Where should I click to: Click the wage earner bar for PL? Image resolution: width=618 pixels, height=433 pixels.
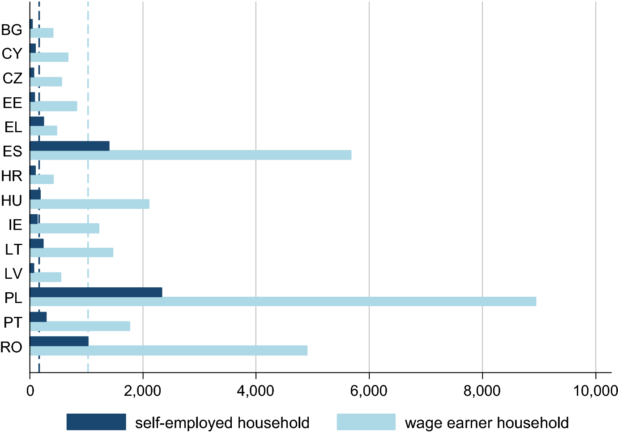click(x=283, y=301)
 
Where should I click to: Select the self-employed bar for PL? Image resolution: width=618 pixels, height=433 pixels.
click(x=96, y=292)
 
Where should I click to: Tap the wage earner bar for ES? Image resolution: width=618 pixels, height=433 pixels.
click(x=191, y=155)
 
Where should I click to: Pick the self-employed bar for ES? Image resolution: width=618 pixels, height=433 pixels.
click(x=70, y=146)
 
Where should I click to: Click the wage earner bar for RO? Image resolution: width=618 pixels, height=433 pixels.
click(x=169, y=351)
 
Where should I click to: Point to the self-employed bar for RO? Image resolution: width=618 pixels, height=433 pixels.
click(x=59, y=341)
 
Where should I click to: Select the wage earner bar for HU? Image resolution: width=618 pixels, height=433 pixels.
click(x=90, y=204)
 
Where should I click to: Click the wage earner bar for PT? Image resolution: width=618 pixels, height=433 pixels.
click(x=80, y=326)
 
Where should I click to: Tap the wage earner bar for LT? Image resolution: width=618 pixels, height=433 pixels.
click(x=72, y=252)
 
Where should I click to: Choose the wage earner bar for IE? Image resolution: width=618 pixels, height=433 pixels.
click(x=64, y=228)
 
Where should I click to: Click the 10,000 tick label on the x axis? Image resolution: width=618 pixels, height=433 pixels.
click(x=595, y=390)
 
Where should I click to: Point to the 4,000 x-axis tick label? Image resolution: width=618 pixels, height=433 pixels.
click(x=256, y=390)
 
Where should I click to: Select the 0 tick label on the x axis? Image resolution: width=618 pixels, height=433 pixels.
click(x=30, y=390)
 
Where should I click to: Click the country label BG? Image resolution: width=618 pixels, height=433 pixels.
click(x=12, y=30)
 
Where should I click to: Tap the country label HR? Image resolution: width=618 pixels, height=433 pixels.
click(x=12, y=176)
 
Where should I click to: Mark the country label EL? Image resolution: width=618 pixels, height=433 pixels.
click(x=13, y=127)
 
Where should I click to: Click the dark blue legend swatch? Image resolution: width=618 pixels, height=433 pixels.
click(x=96, y=422)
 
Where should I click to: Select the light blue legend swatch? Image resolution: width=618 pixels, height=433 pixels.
click(x=366, y=422)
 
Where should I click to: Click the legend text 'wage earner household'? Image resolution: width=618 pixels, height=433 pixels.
click(x=486, y=423)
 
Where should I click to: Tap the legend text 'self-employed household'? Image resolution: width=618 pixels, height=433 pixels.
click(x=222, y=423)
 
